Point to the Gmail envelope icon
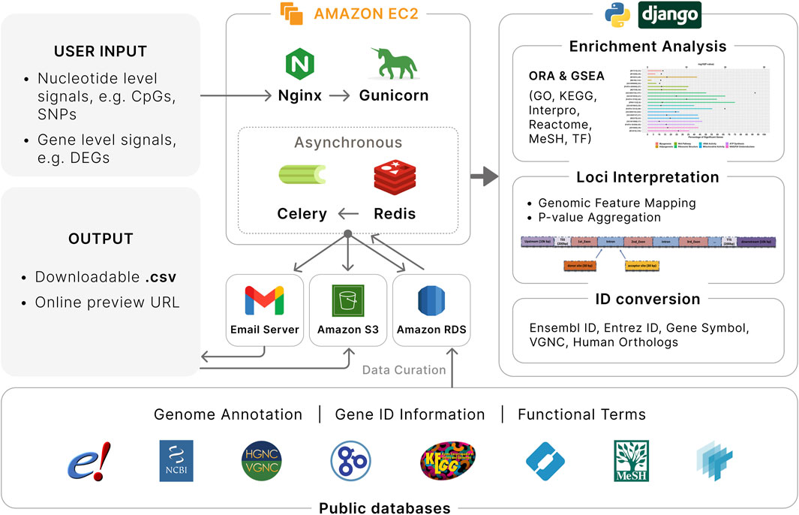264,300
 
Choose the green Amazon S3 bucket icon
347,300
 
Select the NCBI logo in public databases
176,460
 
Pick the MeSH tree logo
630,460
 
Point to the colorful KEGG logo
448,460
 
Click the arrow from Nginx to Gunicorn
341,96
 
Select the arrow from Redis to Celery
348,214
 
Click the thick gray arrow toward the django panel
484,177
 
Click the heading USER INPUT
100,52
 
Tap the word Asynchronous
347,143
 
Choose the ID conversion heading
648,299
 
